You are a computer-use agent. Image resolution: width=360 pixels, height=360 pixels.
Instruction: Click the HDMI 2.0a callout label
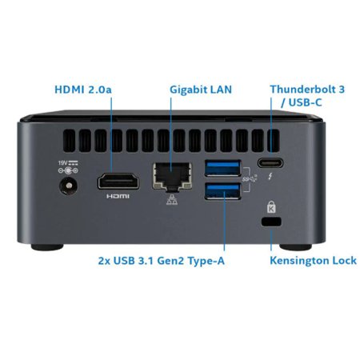tap(83, 90)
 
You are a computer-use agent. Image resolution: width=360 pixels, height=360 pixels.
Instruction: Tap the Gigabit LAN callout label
tap(201, 90)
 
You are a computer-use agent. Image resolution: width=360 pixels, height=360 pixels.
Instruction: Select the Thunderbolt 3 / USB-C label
tap(307, 96)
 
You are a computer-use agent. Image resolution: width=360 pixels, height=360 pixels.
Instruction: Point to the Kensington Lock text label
tap(313, 261)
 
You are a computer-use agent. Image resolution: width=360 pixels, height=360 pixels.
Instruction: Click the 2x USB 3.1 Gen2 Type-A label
tap(162, 261)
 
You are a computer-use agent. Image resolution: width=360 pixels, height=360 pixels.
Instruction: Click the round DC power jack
tap(69, 186)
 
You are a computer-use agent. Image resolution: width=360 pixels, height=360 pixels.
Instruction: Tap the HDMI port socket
tap(118, 182)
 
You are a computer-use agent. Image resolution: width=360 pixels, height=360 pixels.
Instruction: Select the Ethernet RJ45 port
tap(172, 176)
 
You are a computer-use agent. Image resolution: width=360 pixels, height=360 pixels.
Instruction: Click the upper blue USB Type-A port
tap(222, 168)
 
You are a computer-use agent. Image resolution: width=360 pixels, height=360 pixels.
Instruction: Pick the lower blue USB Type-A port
tap(222, 191)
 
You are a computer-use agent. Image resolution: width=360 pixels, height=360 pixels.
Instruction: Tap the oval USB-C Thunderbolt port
tap(270, 163)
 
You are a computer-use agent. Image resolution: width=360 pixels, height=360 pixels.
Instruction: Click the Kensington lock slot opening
tap(271, 222)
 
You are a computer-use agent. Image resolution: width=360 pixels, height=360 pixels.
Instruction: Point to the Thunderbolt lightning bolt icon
tap(270, 176)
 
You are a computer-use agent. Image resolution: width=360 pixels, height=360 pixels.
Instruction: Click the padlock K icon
tap(271, 206)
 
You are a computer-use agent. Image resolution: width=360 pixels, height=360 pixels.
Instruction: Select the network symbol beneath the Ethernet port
tap(172, 200)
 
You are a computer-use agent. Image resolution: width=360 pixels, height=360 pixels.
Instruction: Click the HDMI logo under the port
tap(118, 196)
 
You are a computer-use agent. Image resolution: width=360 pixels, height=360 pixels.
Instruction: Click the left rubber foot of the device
tap(47, 247)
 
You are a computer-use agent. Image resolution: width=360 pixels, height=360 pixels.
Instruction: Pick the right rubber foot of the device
tap(295, 247)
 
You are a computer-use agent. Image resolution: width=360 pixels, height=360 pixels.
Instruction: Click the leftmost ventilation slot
tap(70, 141)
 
